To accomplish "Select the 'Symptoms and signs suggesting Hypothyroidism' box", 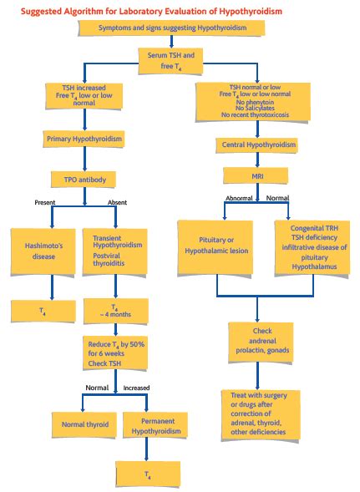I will [172, 28].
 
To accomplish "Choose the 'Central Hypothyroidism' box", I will [261, 145].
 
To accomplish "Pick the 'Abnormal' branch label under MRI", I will [240, 199].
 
